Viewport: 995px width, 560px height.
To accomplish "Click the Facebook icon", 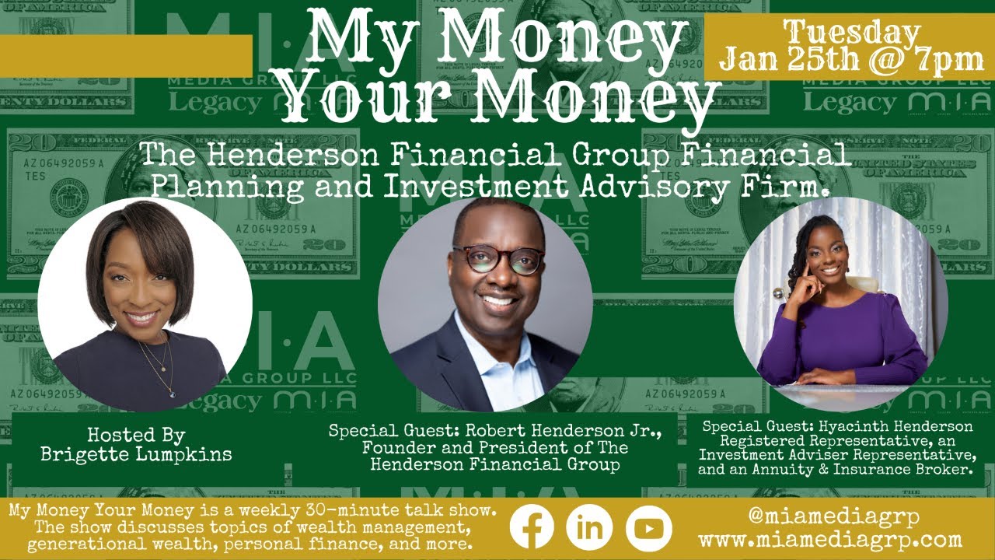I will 532,527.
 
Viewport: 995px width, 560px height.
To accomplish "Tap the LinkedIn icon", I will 589,527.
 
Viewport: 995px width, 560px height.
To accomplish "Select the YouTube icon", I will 648,527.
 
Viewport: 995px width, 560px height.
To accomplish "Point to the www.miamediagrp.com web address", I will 830,539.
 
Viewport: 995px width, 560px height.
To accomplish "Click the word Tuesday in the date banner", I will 851,33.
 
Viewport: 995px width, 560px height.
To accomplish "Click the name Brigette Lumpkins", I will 136,454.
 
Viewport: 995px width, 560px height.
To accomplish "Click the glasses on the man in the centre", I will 497,260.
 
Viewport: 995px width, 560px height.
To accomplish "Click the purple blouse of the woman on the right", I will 847,342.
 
